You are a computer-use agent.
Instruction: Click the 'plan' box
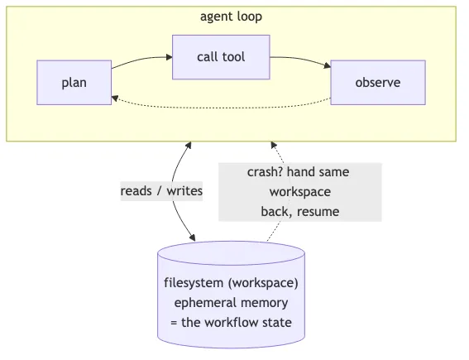point(74,83)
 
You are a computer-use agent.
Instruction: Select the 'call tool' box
point(221,57)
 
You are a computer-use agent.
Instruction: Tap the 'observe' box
point(377,83)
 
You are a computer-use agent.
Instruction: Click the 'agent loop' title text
point(232,17)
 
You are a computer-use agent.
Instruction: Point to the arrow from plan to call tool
point(141,59)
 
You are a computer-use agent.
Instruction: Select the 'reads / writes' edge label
point(161,190)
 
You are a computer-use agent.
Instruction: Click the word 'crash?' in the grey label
point(265,172)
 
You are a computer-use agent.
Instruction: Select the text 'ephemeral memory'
point(231,302)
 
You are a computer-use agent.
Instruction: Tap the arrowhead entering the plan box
point(116,97)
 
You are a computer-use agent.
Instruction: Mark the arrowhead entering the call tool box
point(168,57)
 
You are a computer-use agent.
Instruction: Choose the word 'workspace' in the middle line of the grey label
point(299,192)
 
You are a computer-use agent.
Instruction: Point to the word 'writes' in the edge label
point(184,190)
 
